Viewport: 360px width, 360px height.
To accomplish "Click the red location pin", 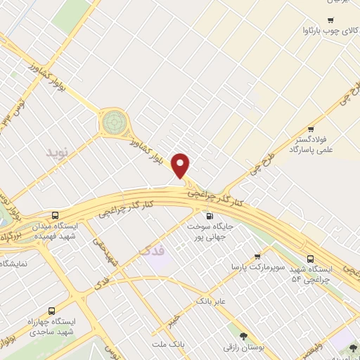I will click(181, 165).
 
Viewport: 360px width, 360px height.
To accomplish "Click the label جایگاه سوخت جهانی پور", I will click(215, 232).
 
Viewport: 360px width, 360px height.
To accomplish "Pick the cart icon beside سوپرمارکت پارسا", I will click(257, 256).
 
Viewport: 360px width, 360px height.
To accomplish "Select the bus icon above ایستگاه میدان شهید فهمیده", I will click(55, 215).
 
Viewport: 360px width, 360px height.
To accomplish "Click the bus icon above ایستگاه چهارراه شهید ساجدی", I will click(51, 310).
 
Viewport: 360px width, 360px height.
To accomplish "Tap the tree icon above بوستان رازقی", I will click(243, 336).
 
